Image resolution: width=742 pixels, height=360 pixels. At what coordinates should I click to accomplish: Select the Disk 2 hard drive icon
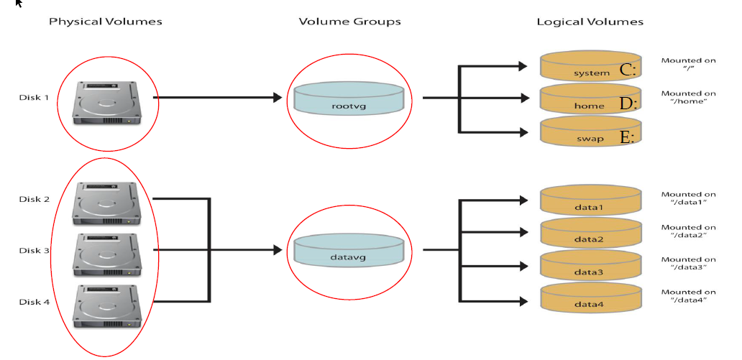105,202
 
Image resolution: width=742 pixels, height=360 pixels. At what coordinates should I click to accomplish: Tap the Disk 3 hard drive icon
105,253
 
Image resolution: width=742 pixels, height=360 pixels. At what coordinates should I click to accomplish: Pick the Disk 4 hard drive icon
105,305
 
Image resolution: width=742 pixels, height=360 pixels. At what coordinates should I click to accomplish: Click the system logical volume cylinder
590,66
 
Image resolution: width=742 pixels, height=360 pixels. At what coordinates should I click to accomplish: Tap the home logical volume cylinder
590,98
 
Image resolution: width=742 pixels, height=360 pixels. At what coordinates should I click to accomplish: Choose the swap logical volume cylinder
590,131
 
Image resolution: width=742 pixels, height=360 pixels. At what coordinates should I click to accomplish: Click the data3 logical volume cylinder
590,266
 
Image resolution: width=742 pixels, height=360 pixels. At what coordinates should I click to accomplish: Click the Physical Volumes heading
106,22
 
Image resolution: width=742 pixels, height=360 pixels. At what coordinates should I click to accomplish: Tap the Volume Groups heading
350,22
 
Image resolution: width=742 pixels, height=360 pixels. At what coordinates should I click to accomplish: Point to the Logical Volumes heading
590,22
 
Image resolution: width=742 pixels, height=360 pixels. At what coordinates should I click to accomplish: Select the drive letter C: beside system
628,70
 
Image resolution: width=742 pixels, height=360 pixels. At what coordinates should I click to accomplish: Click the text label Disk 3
35,251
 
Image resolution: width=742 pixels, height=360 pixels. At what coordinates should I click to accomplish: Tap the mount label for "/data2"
688,231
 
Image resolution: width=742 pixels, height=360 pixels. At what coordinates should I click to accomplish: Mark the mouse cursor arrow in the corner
19,3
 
